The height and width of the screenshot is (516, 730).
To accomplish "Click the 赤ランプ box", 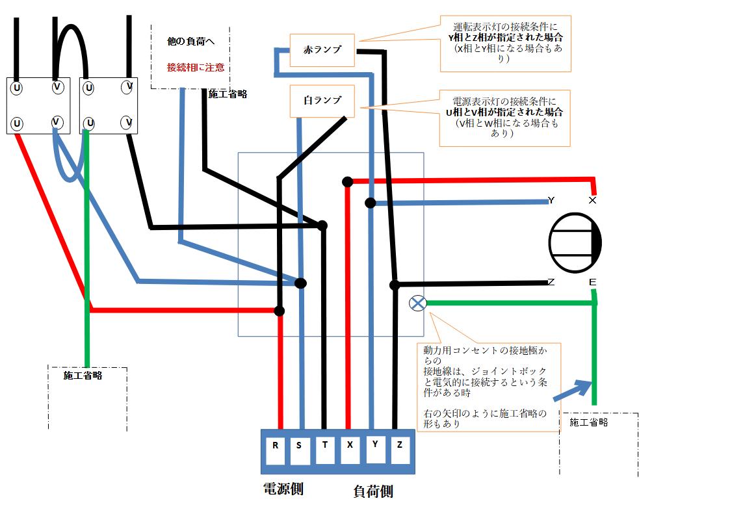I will point(322,50).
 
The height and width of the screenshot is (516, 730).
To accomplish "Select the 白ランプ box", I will point(322,101).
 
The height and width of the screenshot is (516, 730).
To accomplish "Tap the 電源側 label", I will point(283,489).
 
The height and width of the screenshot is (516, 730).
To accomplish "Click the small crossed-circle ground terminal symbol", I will point(417,303).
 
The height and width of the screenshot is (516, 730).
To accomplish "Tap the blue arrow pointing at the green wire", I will point(572,392).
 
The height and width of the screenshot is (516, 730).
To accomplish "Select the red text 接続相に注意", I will point(196,68).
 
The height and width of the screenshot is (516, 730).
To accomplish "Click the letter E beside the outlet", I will point(592,282).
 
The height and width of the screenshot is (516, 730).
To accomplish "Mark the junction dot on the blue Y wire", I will point(371,203).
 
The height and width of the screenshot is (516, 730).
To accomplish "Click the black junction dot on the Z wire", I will point(395,285).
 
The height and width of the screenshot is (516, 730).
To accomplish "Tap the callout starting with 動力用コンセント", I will point(489,387).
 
